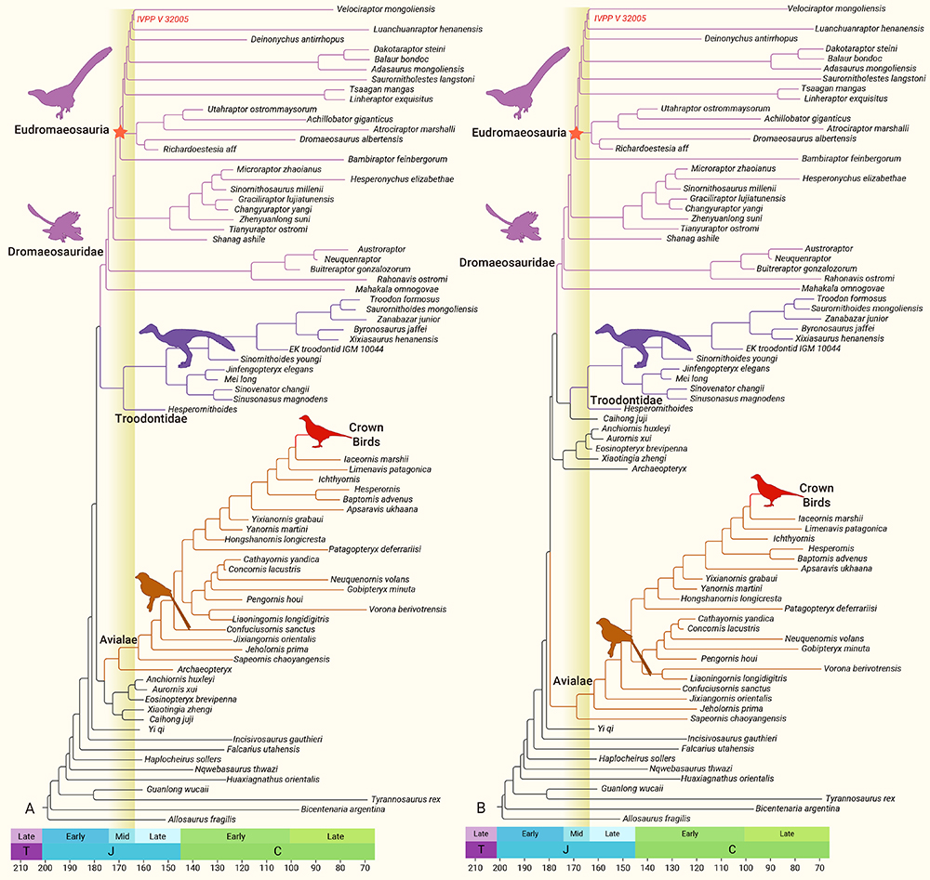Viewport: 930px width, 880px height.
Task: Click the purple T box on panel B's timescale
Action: click(x=480, y=850)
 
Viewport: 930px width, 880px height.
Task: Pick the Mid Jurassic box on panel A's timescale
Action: click(x=122, y=835)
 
